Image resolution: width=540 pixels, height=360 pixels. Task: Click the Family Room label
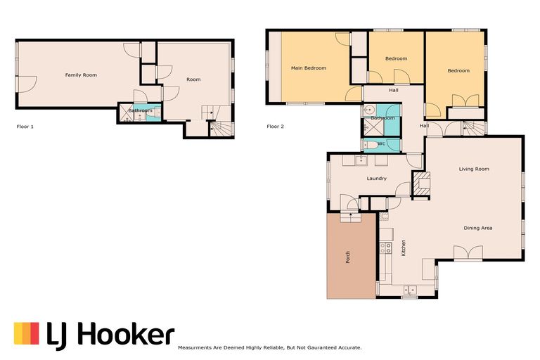[81, 75]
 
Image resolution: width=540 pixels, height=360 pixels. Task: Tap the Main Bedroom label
[309, 68]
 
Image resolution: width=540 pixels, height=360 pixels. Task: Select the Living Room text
[474, 169]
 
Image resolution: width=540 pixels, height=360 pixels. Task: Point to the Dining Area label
[477, 228]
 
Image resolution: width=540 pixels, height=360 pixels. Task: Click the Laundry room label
[376, 179]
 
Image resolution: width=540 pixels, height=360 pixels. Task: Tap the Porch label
[347, 257]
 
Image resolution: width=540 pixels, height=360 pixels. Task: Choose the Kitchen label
[404, 247]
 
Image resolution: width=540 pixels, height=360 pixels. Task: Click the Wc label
[381, 143]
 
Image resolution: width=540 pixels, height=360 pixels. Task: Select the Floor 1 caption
[25, 127]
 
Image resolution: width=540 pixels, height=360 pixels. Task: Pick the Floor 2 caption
[275, 127]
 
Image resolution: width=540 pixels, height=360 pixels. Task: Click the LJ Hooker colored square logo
[27, 333]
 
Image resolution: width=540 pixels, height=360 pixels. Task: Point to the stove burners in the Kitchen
[385, 248]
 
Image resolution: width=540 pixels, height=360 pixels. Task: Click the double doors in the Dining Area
[468, 252]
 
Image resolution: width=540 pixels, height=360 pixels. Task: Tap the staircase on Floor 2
[472, 128]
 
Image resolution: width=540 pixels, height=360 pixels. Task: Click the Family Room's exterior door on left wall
[27, 84]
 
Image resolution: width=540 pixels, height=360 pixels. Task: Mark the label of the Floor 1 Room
[193, 79]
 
